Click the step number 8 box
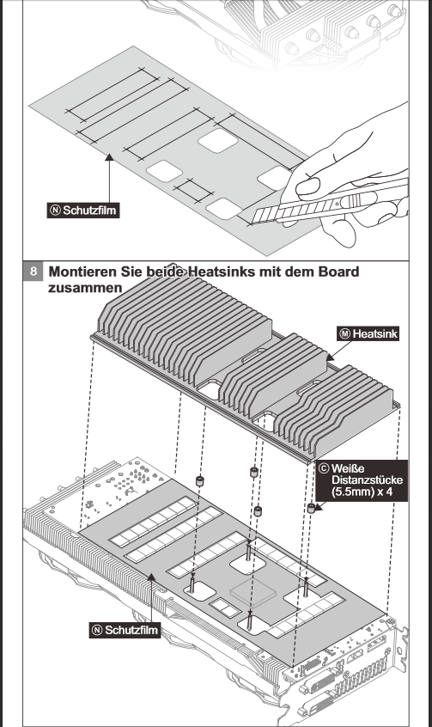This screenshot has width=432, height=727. [33, 271]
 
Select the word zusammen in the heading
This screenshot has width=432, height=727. [85, 288]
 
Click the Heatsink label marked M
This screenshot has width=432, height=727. [368, 333]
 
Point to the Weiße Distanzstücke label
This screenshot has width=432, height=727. [362, 480]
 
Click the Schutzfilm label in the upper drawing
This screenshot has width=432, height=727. [83, 211]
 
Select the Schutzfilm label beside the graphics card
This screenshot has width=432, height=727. [125, 630]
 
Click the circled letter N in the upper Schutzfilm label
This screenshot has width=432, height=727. [55, 211]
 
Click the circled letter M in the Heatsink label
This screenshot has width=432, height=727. [345, 333]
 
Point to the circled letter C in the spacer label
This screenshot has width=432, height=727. [325, 468]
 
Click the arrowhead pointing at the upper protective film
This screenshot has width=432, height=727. [109, 157]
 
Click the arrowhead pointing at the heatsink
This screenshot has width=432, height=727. [331, 357]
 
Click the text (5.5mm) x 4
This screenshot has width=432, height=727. [362, 492]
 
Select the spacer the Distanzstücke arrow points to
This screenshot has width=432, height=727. [311, 508]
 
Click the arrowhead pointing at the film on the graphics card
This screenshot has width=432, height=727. [151, 577]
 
